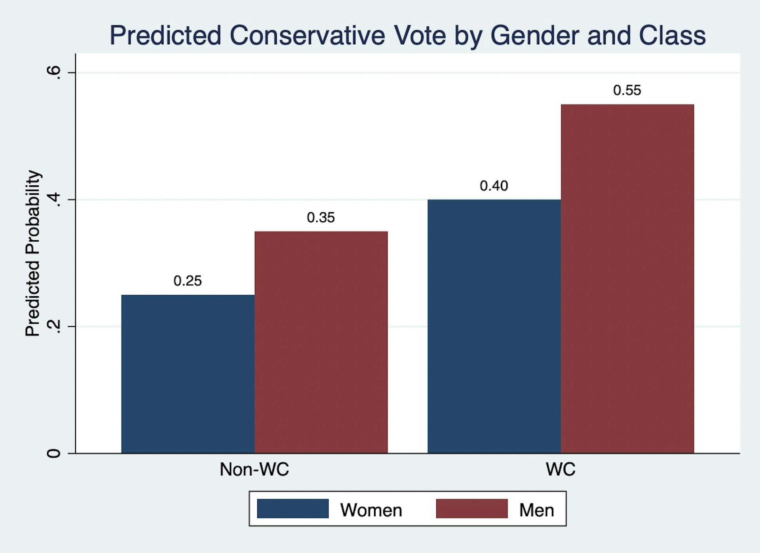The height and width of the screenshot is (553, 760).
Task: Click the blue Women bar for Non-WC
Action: tap(188, 374)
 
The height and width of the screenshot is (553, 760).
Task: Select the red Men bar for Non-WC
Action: tap(321, 342)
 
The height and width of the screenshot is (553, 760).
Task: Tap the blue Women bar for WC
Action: tap(494, 326)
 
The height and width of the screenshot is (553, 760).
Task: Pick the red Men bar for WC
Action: tap(627, 279)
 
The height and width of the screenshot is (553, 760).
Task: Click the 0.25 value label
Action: tap(188, 281)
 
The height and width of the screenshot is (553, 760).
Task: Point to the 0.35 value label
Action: tap(321, 218)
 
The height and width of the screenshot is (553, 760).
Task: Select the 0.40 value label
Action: tap(494, 186)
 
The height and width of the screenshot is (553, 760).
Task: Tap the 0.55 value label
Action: tap(627, 90)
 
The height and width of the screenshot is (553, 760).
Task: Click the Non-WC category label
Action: tap(254, 469)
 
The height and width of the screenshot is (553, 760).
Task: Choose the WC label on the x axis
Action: tap(560, 469)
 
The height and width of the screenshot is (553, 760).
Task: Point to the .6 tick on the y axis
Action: tap(54, 73)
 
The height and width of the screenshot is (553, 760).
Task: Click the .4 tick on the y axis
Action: tap(54, 200)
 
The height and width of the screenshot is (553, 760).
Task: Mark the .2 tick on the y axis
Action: tap(54, 327)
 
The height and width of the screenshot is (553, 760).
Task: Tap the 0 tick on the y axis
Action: tap(54, 453)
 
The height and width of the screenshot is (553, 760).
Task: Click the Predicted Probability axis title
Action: tap(32, 253)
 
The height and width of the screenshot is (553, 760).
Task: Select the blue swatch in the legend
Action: tap(293, 509)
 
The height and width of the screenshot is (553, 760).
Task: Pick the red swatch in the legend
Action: tap(471, 509)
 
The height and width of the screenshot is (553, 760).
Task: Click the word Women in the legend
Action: tap(371, 510)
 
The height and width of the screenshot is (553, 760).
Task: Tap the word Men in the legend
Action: tap(536, 510)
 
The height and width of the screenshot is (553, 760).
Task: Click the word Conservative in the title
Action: tap(307, 36)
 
